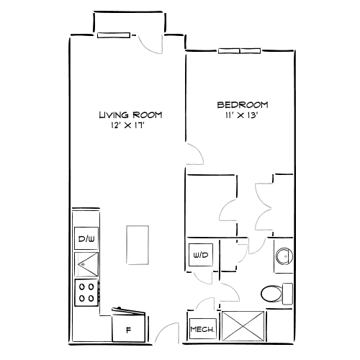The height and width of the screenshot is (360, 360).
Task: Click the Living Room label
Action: tap(130, 114)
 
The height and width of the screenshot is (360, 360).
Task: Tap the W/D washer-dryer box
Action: tap(199, 254)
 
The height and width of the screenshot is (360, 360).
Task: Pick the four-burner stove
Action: tap(87, 291)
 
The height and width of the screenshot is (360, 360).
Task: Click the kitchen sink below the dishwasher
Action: tap(87, 265)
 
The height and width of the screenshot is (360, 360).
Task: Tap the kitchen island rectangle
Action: tap(135, 246)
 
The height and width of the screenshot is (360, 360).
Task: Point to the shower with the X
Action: tap(245, 325)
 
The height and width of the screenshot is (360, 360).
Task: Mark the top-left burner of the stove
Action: tap(82, 286)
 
